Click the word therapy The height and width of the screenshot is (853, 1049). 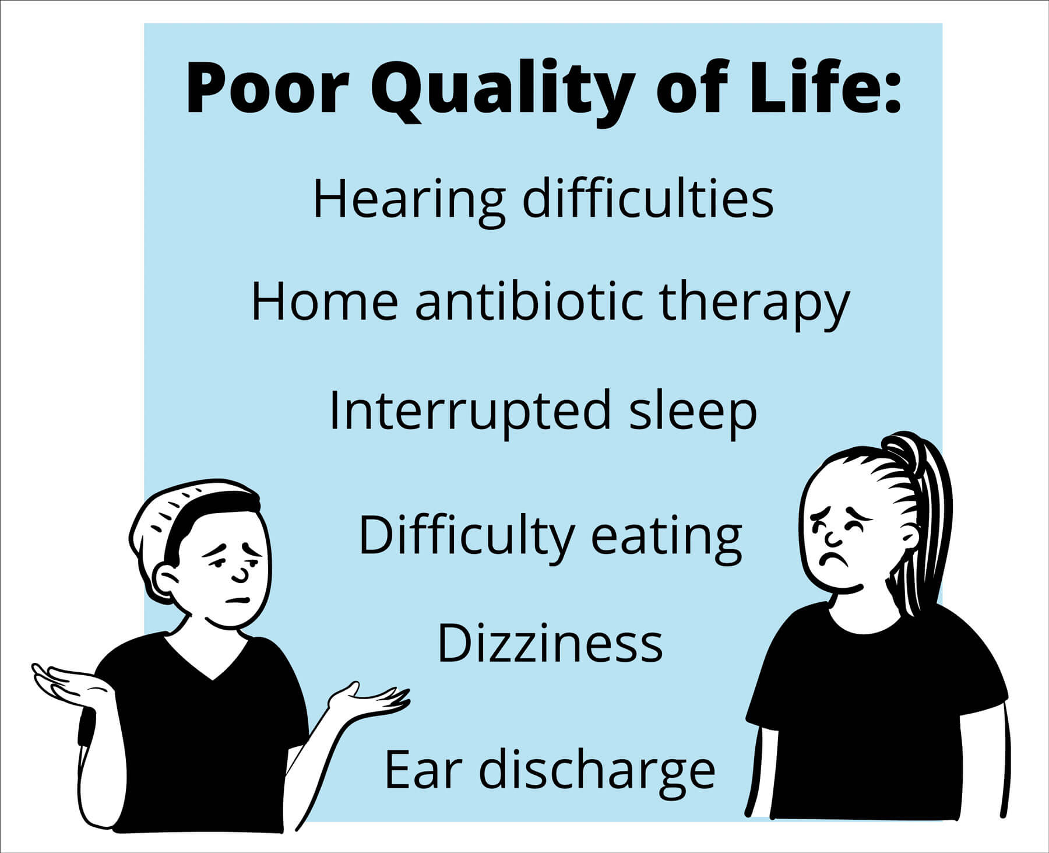click(755, 306)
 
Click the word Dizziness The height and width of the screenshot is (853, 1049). click(550, 643)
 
